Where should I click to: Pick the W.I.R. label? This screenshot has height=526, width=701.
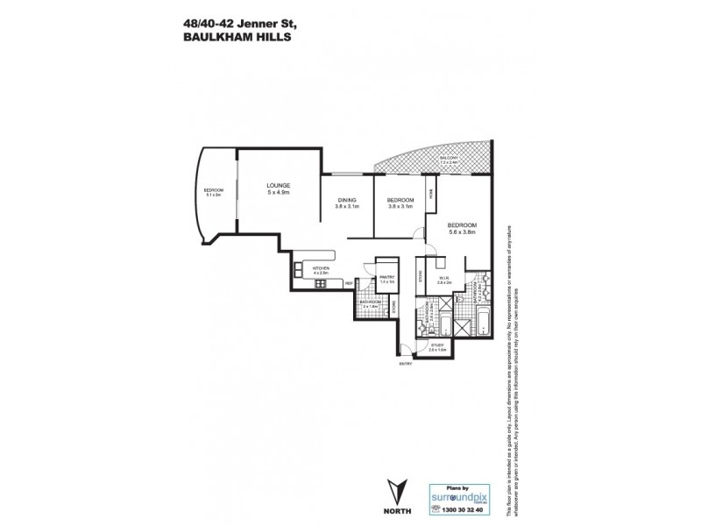click(x=443, y=280)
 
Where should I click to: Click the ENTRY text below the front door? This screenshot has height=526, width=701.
click(x=406, y=363)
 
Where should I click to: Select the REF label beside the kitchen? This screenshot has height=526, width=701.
click(x=348, y=284)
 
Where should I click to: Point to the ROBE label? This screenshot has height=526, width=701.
click(x=430, y=195)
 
